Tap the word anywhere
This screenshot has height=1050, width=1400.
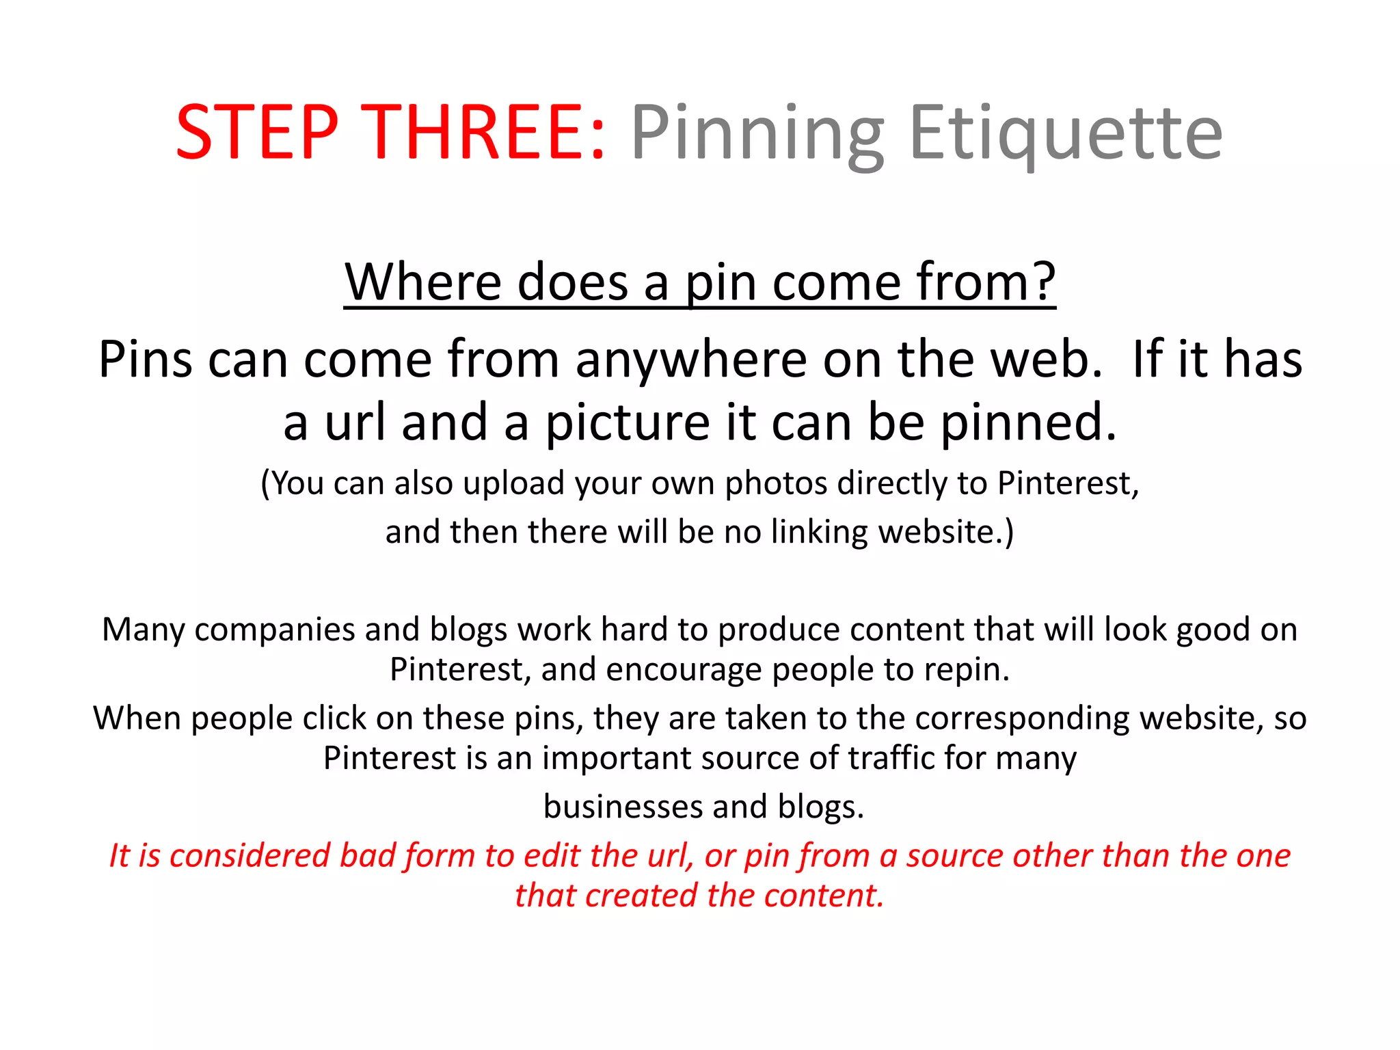(x=691, y=360)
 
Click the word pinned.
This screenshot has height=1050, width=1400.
(x=1028, y=424)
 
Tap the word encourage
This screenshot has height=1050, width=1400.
(x=683, y=670)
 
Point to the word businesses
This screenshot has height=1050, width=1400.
(x=622, y=807)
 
